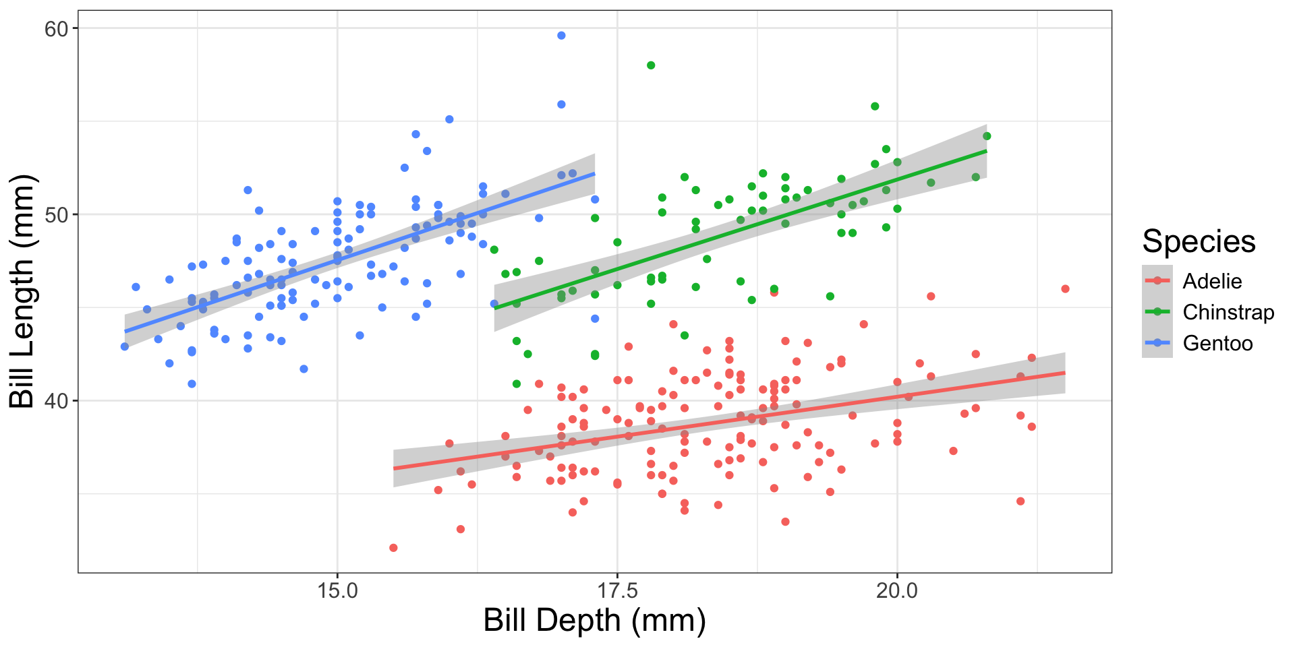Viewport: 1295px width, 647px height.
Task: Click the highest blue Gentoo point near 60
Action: (561, 36)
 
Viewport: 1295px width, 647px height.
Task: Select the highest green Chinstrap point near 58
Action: (651, 65)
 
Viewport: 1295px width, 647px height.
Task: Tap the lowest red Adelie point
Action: (393, 548)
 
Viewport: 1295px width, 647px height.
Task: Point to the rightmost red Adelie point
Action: (1065, 289)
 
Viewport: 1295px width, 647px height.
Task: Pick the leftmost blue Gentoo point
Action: (125, 346)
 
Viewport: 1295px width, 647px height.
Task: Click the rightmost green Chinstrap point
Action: (987, 136)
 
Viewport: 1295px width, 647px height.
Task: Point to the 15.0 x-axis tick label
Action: (337, 591)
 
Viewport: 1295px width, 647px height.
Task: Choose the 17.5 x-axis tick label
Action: (617, 591)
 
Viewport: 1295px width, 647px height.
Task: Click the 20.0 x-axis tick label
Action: (897, 591)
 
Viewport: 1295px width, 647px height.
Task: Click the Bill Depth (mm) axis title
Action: (594, 620)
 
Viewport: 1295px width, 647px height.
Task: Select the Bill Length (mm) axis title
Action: (22, 291)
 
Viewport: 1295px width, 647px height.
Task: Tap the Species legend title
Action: (1199, 241)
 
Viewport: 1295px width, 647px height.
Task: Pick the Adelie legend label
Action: (1212, 281)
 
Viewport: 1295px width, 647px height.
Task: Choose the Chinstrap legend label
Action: (1228, 312)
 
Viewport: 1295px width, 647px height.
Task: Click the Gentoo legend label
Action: (1217, 343)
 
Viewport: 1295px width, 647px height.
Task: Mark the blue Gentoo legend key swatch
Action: (1157, 343)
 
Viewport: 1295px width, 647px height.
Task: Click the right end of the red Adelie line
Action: (1064, 373)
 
